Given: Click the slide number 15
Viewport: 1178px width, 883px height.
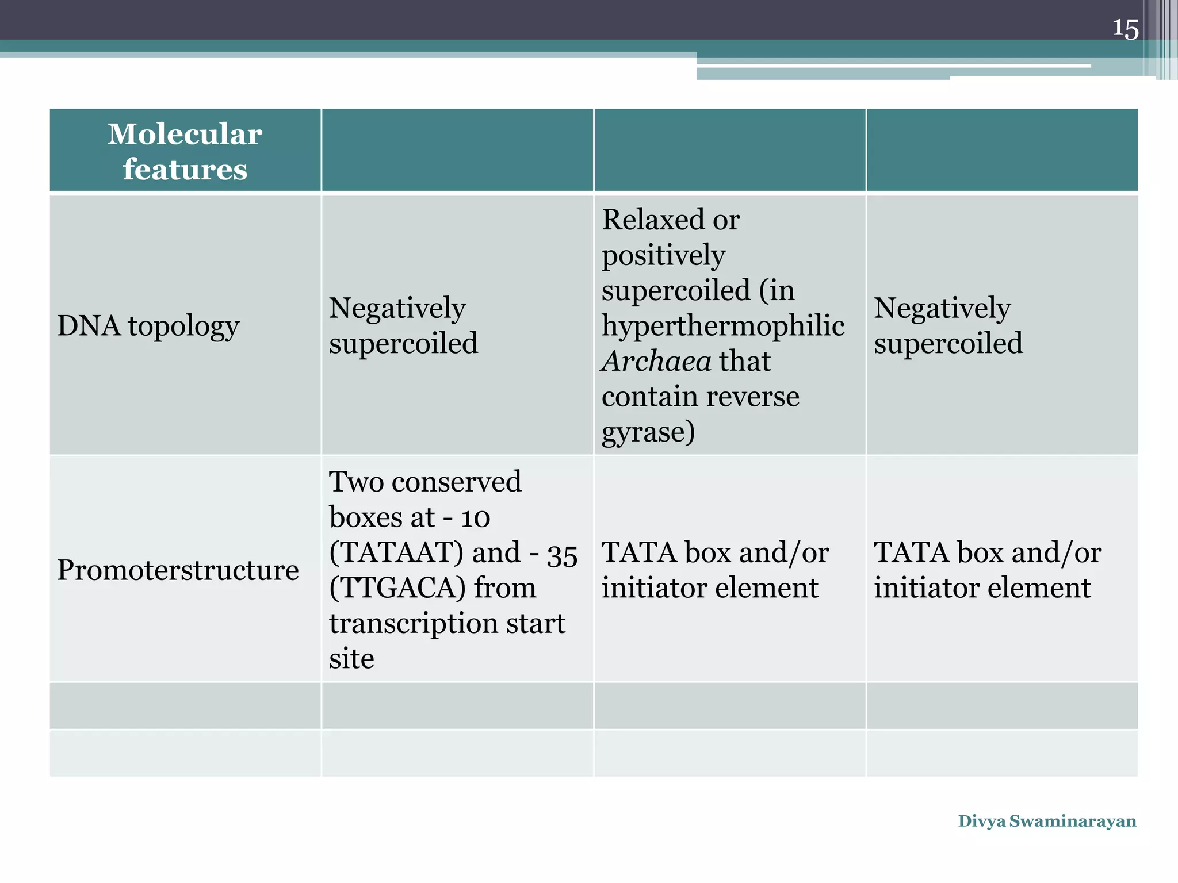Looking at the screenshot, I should pos(1125,28).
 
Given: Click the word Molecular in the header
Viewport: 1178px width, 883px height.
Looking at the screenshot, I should pos(185,134).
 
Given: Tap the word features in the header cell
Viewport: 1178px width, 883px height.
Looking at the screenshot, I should pos(185,169).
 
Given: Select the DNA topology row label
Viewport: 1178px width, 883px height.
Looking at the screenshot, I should pos(148,326).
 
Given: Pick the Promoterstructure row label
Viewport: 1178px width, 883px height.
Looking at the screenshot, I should pos(178,570).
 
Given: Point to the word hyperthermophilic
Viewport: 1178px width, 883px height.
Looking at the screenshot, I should pos(723,326).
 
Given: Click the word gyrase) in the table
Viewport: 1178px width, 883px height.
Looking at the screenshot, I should pos(648,432).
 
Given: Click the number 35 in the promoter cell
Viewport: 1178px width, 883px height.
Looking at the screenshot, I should pos(562,555).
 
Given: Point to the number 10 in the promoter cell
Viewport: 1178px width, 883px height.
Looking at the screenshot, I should pos(476,518).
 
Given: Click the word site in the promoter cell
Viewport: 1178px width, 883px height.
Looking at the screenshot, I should pos(351,659).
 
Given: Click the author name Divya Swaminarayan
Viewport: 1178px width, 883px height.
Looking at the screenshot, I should pos(1047,821).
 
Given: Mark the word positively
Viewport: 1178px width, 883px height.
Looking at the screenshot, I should pos(663,255).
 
